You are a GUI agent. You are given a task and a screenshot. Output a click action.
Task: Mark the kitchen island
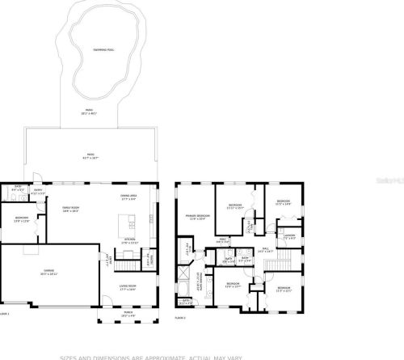click(x=127, y=221)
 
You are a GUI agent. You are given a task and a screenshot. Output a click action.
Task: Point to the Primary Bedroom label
click(x=198, y=216)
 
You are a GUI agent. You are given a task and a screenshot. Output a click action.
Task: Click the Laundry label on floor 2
click(x=289, y=236)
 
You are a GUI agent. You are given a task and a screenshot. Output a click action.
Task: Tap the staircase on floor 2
click(x=188, y=248)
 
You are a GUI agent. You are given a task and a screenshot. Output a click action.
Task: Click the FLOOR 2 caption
click(x=180, y=318)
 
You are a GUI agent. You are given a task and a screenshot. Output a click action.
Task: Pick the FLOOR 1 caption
click(x=5, y=313)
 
